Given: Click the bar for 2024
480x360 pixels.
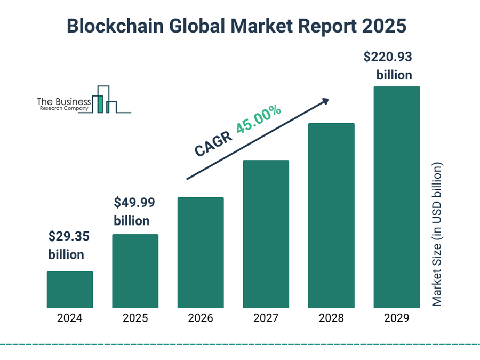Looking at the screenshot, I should click(x=70, y=290).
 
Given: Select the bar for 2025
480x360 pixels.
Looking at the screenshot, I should click(x=135, y=271).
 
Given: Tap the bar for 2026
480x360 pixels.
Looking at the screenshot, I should click(x=201, y=252).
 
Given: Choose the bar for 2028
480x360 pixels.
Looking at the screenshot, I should click(x=331, y=215).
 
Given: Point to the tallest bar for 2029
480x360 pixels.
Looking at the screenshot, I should click(x=396, y=197).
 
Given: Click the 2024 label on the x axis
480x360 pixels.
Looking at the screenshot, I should click(x=70, y=318).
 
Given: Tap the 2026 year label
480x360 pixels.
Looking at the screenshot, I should click(x=201, y=318).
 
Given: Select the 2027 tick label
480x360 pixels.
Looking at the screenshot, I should click(x=266, y=318).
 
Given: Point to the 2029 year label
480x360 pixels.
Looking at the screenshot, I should click(x=396, y=318).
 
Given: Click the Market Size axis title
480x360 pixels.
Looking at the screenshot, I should click(x=437, y=234).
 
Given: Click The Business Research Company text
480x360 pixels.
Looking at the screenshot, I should click(x=63, y=103).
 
